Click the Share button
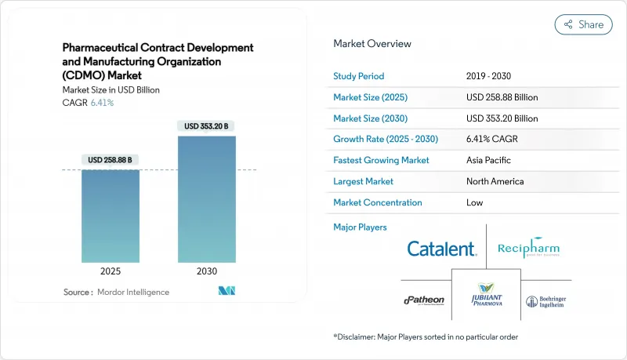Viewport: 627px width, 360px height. coord(583,24)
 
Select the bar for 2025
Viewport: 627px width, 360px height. coord(111,216)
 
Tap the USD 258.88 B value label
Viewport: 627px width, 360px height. coord(111,160)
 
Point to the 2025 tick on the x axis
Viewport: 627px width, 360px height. coord(111,271)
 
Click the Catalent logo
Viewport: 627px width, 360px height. coord(441,249)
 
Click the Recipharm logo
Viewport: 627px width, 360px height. coord(528,249)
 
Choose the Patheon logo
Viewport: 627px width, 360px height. coord(423,300)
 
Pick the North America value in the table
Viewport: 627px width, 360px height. coord(495,181)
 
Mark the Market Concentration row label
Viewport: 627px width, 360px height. coord(378,202)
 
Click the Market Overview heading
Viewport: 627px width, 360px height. coord(372,44)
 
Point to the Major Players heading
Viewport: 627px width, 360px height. coord(360,227)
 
